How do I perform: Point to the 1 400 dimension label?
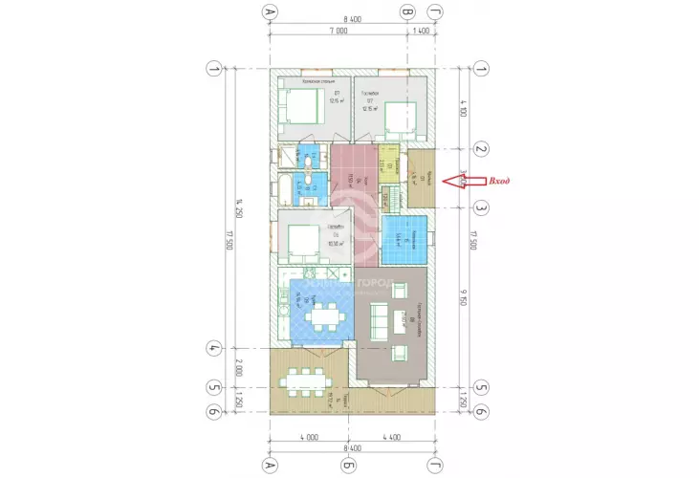coord(421,32)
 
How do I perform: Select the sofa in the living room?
coord(378,320)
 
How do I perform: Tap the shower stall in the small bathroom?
coord(288,157)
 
